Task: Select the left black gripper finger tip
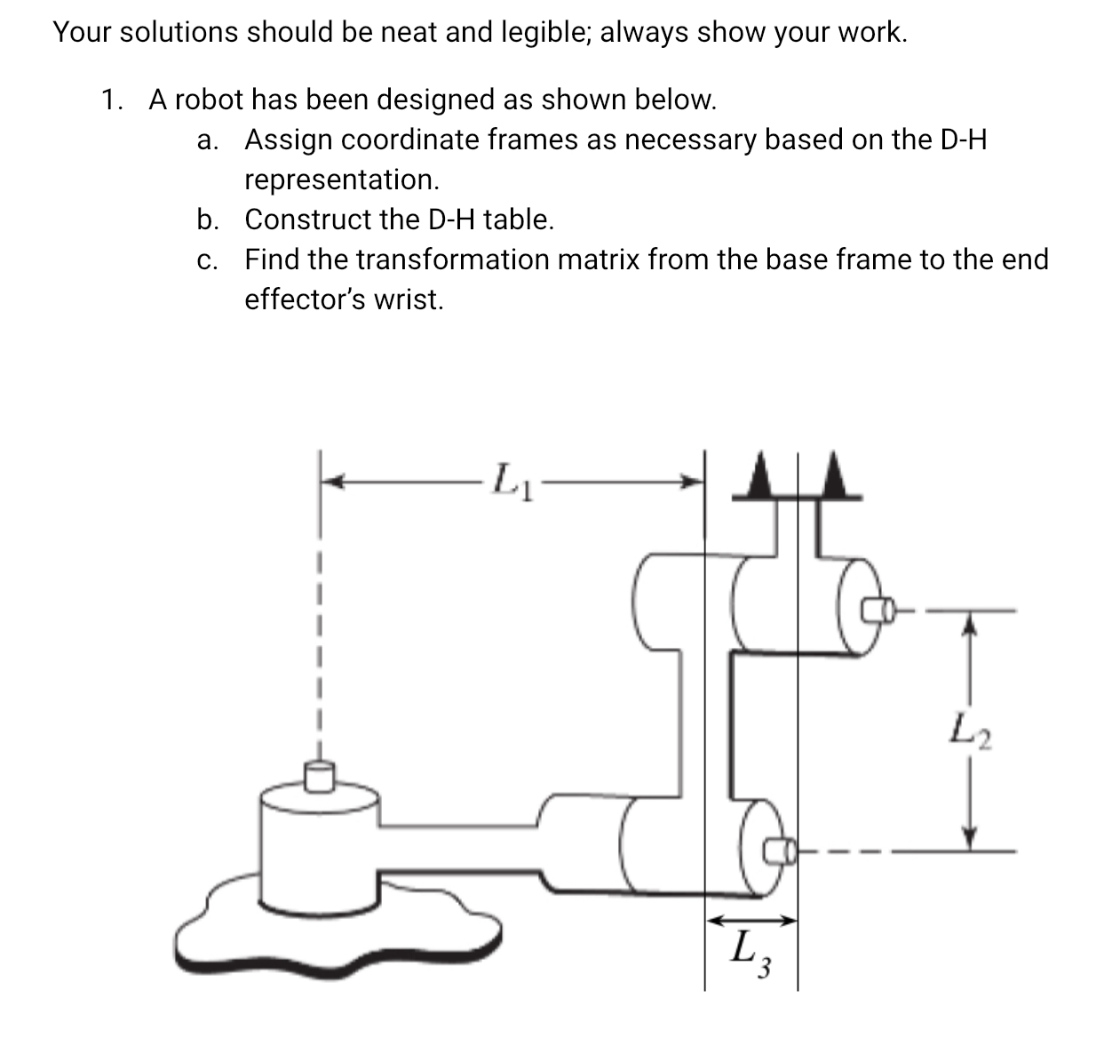759,477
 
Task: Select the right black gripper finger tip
834,477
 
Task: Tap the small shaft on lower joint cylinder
781,850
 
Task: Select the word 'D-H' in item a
962,140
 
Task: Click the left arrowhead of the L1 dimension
331,482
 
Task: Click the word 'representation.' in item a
342,180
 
